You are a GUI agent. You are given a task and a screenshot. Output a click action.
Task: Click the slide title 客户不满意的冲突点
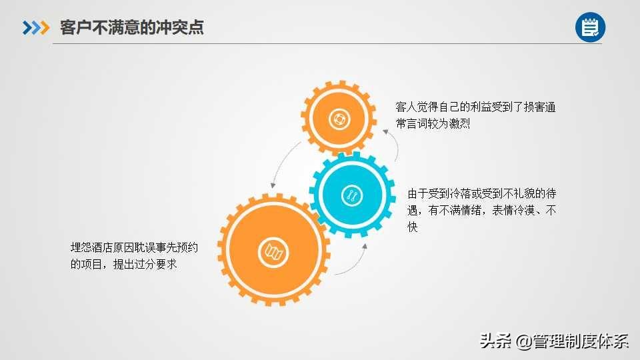coord(132,27)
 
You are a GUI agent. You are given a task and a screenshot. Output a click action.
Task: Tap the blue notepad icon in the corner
coord(590,27)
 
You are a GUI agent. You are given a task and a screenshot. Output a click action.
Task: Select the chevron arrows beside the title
coord(36,28)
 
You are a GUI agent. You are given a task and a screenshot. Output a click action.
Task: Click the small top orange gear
coord(339,119)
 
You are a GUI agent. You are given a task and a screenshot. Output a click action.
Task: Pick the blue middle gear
coord(352,195)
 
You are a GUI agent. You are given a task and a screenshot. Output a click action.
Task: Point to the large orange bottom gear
coord(273,250)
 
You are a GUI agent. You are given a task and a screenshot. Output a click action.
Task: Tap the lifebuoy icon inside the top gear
coord(339,119)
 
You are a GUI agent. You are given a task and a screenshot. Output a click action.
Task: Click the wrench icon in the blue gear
coord(352,195)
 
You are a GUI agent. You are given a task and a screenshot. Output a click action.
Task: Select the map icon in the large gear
coord(273,252)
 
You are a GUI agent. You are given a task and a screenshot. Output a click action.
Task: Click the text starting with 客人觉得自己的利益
coord(475,115)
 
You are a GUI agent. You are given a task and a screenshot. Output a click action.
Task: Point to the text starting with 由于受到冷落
coord(481,210)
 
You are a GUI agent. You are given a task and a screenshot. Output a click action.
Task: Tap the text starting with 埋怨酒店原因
coord(134,256)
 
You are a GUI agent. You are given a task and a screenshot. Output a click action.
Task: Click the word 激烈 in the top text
coord(459,123)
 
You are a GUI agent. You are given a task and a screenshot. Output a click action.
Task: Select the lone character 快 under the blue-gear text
coord(413,227)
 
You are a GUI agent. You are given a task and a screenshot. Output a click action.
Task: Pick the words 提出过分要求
coord(145,264)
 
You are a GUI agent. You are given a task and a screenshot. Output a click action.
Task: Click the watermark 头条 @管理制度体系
coord(554,341)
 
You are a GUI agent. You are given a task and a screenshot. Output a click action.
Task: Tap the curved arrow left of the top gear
coord(284,163)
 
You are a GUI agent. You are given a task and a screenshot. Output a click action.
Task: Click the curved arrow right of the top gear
coord(392,144)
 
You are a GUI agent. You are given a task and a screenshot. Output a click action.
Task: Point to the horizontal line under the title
coord(327,43)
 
